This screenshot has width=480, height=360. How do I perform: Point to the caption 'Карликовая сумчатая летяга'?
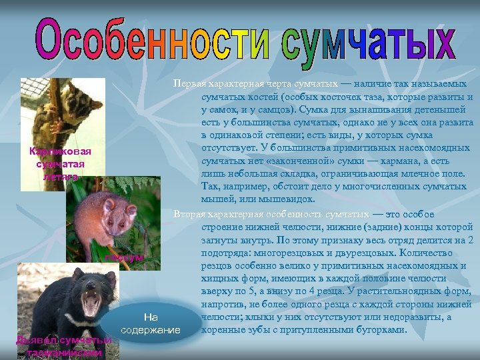pyautogui.click(x=61, y=164)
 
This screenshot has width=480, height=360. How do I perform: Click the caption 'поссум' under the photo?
pyautogui.click(x=124, y=257)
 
